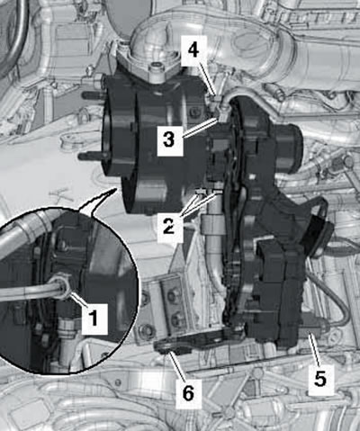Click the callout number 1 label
point(94,318)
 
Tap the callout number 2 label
point(169,226)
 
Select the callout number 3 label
point(169,139)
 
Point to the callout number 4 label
point(193,50)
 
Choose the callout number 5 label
point(320,379)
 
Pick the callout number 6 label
point(188,393)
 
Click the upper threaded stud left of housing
point(93,94)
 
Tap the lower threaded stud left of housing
point(91,156)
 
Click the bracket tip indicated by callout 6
point(164,347)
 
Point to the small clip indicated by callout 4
point(215,98)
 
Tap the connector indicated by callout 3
point(222,115)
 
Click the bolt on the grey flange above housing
point(156,66)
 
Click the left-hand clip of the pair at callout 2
point(200,192)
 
